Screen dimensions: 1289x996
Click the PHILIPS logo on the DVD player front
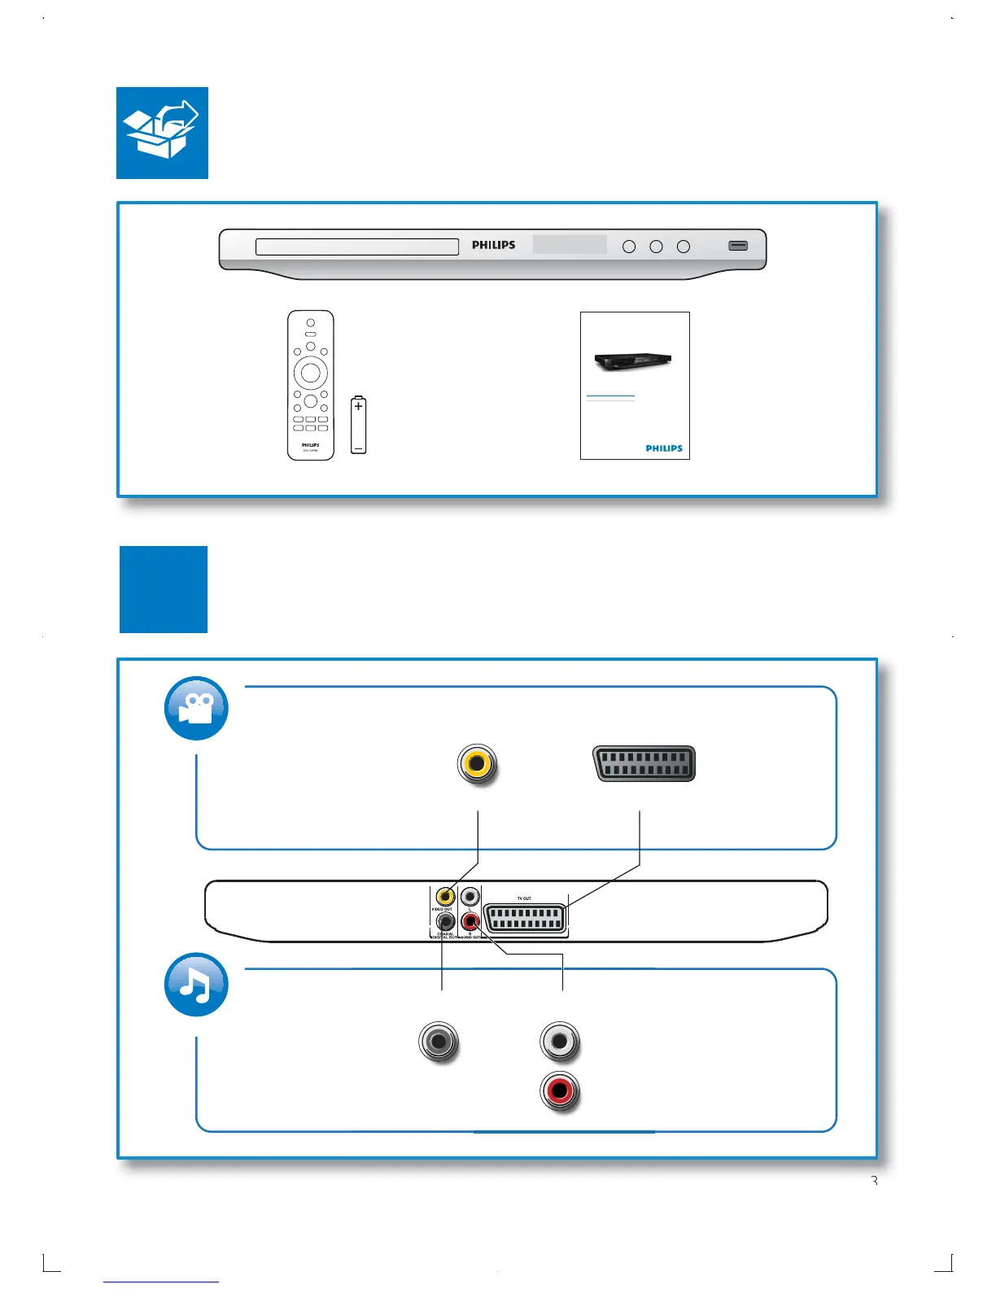tap(493, 245)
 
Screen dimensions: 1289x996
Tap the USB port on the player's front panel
tap(738, 246)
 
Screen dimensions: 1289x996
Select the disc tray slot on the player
tap(357, 247)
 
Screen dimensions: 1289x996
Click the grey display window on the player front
tap(570, 244)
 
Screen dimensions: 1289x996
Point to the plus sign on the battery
tap(358, 405)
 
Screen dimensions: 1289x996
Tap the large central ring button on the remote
tap(311, 373)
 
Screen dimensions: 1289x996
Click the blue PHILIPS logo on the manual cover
tap(664, 448)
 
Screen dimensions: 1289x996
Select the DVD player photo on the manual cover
tap(633, 361)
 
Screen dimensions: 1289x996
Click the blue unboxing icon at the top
tap(162, 133)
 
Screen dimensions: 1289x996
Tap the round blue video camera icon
tap(196, 708)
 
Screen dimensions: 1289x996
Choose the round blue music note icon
tap(196, 985)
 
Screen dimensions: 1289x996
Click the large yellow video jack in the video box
tap(477, 764)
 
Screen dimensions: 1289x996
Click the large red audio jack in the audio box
tap(559, 1091)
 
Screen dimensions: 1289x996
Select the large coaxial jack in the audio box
tap(439, 1042)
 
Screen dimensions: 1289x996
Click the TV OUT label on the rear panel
tap(524, 898)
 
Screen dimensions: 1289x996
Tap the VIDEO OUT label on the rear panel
tap(442, 909)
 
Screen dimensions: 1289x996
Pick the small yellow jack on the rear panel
tap(444, 897)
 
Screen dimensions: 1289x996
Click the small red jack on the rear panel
tap(470, 922)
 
